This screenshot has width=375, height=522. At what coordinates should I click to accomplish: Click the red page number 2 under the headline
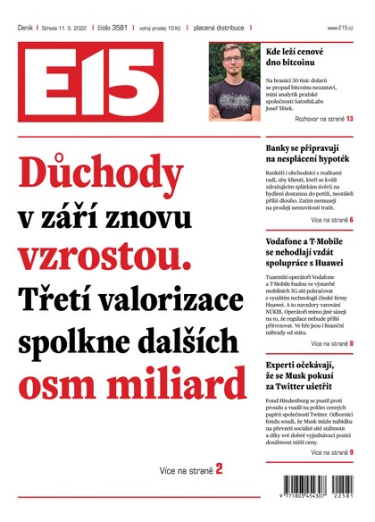point(219,467)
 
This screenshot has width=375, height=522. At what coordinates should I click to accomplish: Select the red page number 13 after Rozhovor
point(349,119)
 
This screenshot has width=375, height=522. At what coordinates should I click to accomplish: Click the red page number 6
point(352,220)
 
